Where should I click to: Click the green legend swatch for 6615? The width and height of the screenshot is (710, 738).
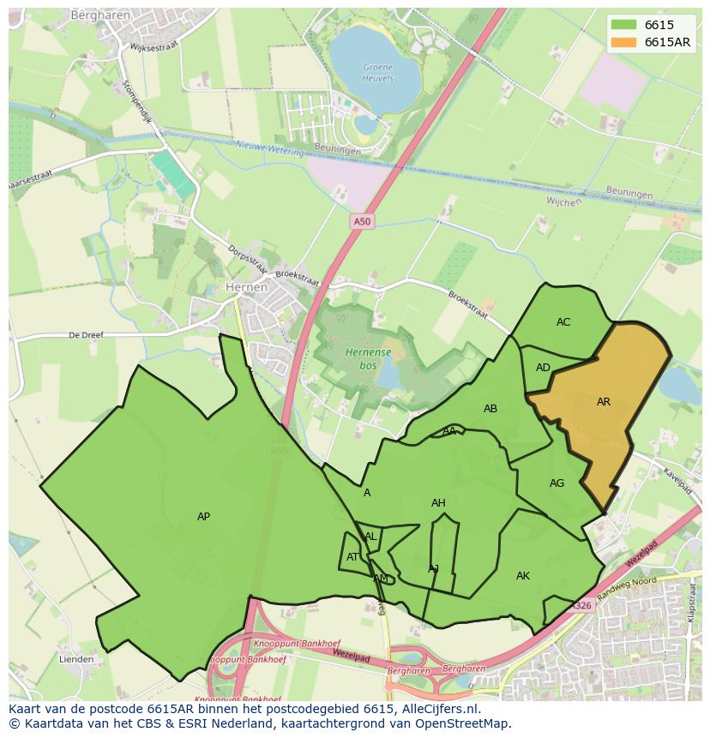pyautogui.click(x=624, y=25)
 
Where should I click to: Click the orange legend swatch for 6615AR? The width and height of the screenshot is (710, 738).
pyautogui.click(x=624, y=42)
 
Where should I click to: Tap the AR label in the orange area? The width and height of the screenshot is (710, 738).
pyautogui.click(x=604, y=402)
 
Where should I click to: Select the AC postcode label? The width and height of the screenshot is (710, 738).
pyautogui.click(x=563, y=322)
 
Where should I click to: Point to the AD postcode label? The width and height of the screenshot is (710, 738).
pyautogui.click(x=543, y=368)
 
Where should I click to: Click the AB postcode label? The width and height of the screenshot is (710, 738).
pyautogui.click(x=490, y=409)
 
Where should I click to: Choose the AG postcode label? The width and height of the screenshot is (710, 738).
pyautogui.click(x=557, y=483)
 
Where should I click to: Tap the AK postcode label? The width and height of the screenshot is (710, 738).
pyautogui.click(x=523, y=576)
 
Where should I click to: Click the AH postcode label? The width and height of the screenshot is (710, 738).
pyautogui.click(x=438, y=503)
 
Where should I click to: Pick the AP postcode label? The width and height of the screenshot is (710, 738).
pyautogui.click(x=203, y=517)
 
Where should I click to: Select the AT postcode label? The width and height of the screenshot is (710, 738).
pyautogui.click(x=352, y=557)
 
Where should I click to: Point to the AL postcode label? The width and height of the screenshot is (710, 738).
pyautogui.click(x=370, y=537)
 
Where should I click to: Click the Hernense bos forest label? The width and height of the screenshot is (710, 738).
pyautogui.click(x=369, y=358)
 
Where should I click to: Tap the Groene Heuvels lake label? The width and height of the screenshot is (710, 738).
pyautogui.click(x=378, y=72)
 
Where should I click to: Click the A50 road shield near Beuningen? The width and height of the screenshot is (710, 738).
pyautogui.click(x=363, y=222)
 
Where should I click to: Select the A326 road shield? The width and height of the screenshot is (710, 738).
pyautogui.click(x=582, y=606)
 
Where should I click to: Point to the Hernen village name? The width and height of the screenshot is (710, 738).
pyautogui.click(x=246, y=288)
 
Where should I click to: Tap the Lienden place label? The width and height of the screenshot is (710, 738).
pyautogui.click(x=76, y=659)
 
